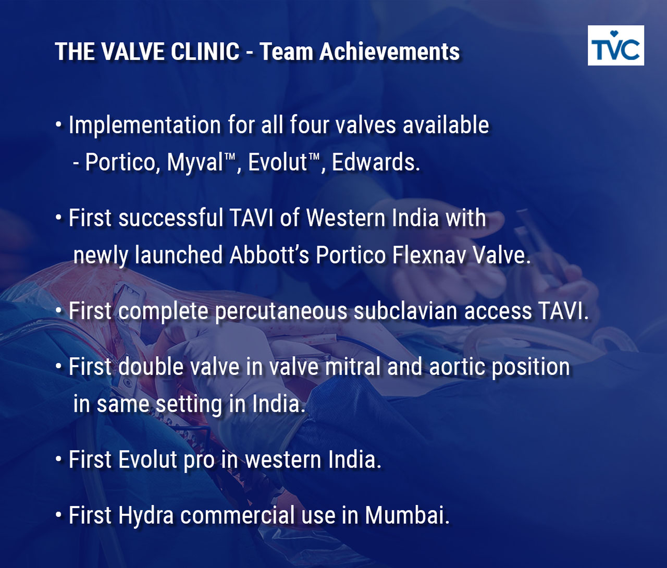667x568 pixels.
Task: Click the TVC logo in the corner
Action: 616,45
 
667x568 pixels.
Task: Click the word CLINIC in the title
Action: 205,51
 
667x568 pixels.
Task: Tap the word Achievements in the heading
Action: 389,51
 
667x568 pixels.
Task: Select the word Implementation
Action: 145,125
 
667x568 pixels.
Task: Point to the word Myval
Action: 194,162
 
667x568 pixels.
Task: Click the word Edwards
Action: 376,162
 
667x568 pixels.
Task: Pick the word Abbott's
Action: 269,255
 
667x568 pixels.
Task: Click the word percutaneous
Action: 281,312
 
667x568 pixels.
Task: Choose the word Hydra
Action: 146,515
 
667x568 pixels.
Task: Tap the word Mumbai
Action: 407,515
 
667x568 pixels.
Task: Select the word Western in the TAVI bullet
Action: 345,218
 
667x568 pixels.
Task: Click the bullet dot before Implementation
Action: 58,125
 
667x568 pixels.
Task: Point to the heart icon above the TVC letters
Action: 614,33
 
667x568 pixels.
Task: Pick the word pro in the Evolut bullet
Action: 199,461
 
